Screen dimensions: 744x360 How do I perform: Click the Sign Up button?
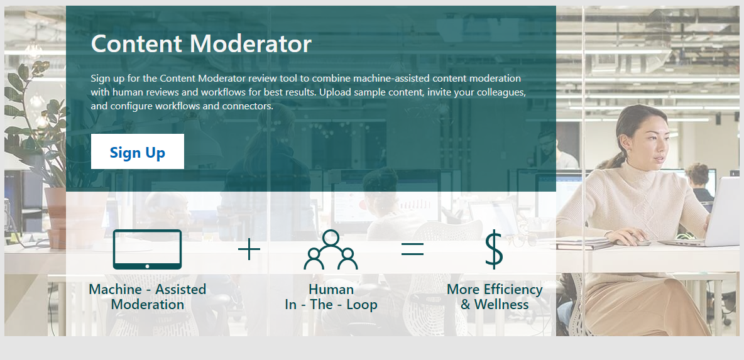138,151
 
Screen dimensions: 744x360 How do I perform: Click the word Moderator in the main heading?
251,43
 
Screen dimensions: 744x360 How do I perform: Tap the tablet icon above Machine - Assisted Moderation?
147,249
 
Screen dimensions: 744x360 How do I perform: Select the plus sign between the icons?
249,249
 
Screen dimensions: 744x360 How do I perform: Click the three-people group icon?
331,250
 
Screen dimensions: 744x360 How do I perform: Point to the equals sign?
412,249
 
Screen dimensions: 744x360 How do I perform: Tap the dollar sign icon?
494,249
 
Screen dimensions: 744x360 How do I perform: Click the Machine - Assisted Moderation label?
147,297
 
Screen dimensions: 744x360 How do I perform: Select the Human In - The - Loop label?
331,297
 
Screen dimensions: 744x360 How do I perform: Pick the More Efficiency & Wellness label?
495,297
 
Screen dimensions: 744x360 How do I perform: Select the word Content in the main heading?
136,43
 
